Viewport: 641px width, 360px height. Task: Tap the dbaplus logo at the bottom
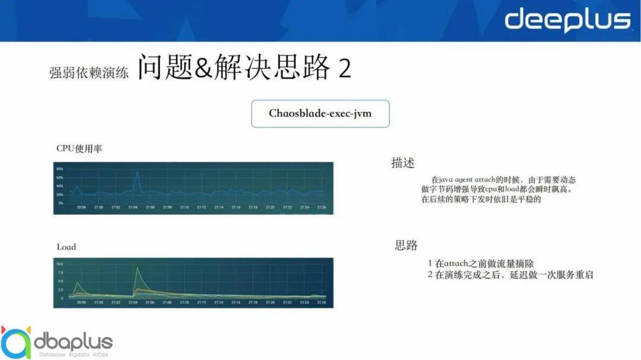[x=56, y=342]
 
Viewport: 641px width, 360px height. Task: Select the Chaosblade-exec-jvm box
[x=320, y=113]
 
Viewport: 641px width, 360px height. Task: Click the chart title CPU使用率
[x=79, y=148]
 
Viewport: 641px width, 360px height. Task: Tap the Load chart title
[x=66, y=246]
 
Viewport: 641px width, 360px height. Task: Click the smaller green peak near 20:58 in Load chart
[x=77, y=283]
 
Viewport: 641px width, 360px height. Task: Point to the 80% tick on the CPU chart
[x=59, y=169]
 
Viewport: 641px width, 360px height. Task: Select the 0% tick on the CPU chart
[x=61, y=203]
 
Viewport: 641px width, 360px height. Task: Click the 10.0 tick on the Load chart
[x=59, y=263]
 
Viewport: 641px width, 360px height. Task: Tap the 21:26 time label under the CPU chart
[x=320, y=208]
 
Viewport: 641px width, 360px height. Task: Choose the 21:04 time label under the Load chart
[x=133, y=302]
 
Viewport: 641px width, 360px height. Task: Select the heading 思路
[x=407, y=245]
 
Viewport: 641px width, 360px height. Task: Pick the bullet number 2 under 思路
[x=430, y=275]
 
